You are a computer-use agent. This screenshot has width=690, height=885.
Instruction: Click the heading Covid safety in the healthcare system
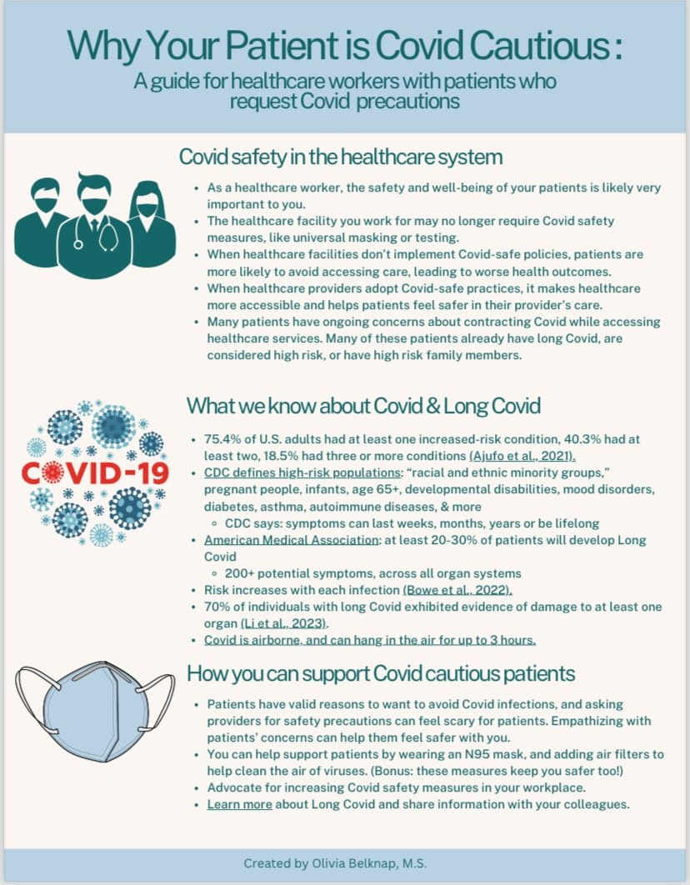coord(341,157)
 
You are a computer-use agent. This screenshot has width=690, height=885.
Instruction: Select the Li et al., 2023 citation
coord(284,623)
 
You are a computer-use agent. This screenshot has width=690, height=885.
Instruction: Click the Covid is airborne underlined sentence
coord(370,640)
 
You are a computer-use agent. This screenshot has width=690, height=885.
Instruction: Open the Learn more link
coord(239,804)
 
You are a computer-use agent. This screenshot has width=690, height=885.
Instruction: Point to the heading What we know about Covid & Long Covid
coord(363,406)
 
